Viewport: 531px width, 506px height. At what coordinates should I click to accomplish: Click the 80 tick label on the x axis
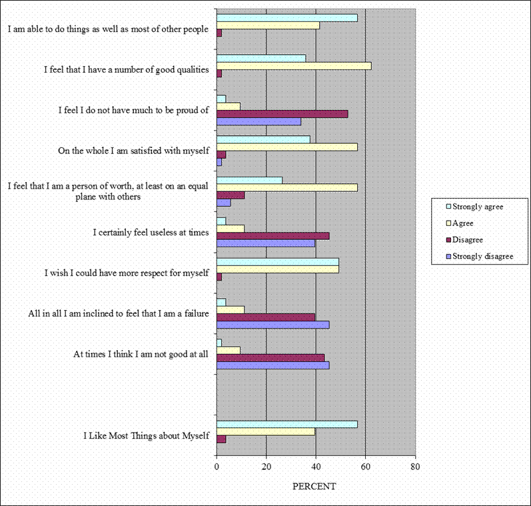(415, 467)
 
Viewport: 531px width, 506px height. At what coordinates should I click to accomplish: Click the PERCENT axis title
(314, 486)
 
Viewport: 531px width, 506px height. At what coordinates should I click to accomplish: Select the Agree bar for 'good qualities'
(294, 65)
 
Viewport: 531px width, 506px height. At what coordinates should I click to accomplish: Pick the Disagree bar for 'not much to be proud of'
(282, 114)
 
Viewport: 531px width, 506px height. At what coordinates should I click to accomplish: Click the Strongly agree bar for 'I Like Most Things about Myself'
(287, 424)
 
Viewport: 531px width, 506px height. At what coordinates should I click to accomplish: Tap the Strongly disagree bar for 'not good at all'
(273, 365)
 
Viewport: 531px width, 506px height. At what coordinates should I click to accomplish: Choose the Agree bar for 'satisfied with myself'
(287, 147)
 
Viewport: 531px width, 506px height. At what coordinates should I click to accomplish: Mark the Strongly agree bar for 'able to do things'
(287, 17)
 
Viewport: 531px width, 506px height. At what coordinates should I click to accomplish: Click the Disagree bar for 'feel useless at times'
(273, 236)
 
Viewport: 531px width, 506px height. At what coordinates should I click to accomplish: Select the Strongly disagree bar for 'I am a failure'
(273, 325)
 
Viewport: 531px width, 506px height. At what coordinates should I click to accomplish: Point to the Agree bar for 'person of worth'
(287, 187)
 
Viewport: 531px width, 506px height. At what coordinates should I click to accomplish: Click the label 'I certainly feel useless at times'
(151, 232)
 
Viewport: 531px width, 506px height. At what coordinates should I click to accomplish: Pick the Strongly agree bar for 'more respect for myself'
(278, 261)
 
